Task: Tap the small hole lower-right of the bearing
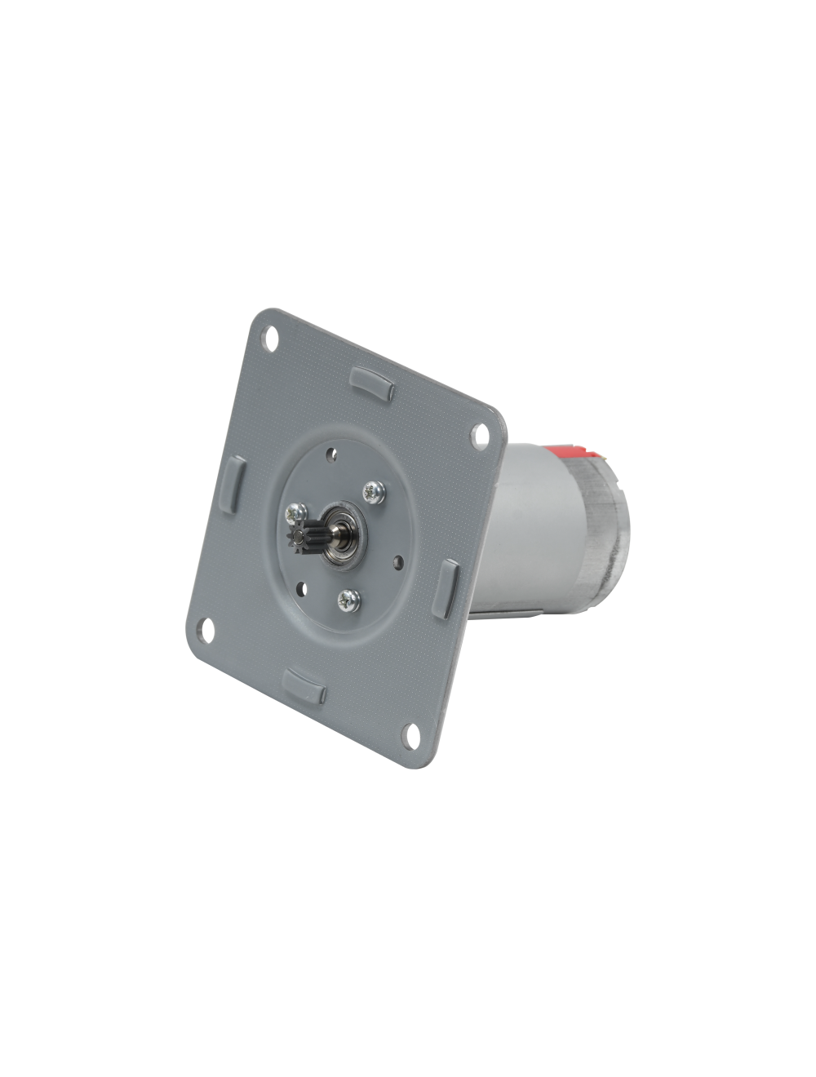point(397,561)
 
